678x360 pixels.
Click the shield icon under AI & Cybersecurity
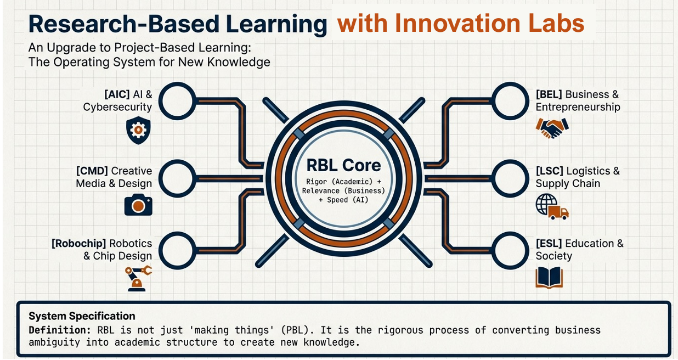[x=138, y=130]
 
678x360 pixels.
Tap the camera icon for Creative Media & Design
[x=138, y=204]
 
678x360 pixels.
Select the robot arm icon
[x=138, y=278]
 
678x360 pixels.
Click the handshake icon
[x=552, y=128]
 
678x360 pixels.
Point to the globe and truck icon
[x=551, y=207]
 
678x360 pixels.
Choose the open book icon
[x=549, y=278]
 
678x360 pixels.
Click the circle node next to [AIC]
[x=177, y=101]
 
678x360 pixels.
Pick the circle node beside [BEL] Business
[x=510, y=101]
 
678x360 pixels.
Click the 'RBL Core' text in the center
[x=343, y=165]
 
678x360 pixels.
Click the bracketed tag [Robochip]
[x=79, y=243]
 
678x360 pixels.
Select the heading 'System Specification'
[x=82, y=316]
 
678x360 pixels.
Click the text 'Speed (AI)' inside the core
[x=347, y=200]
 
